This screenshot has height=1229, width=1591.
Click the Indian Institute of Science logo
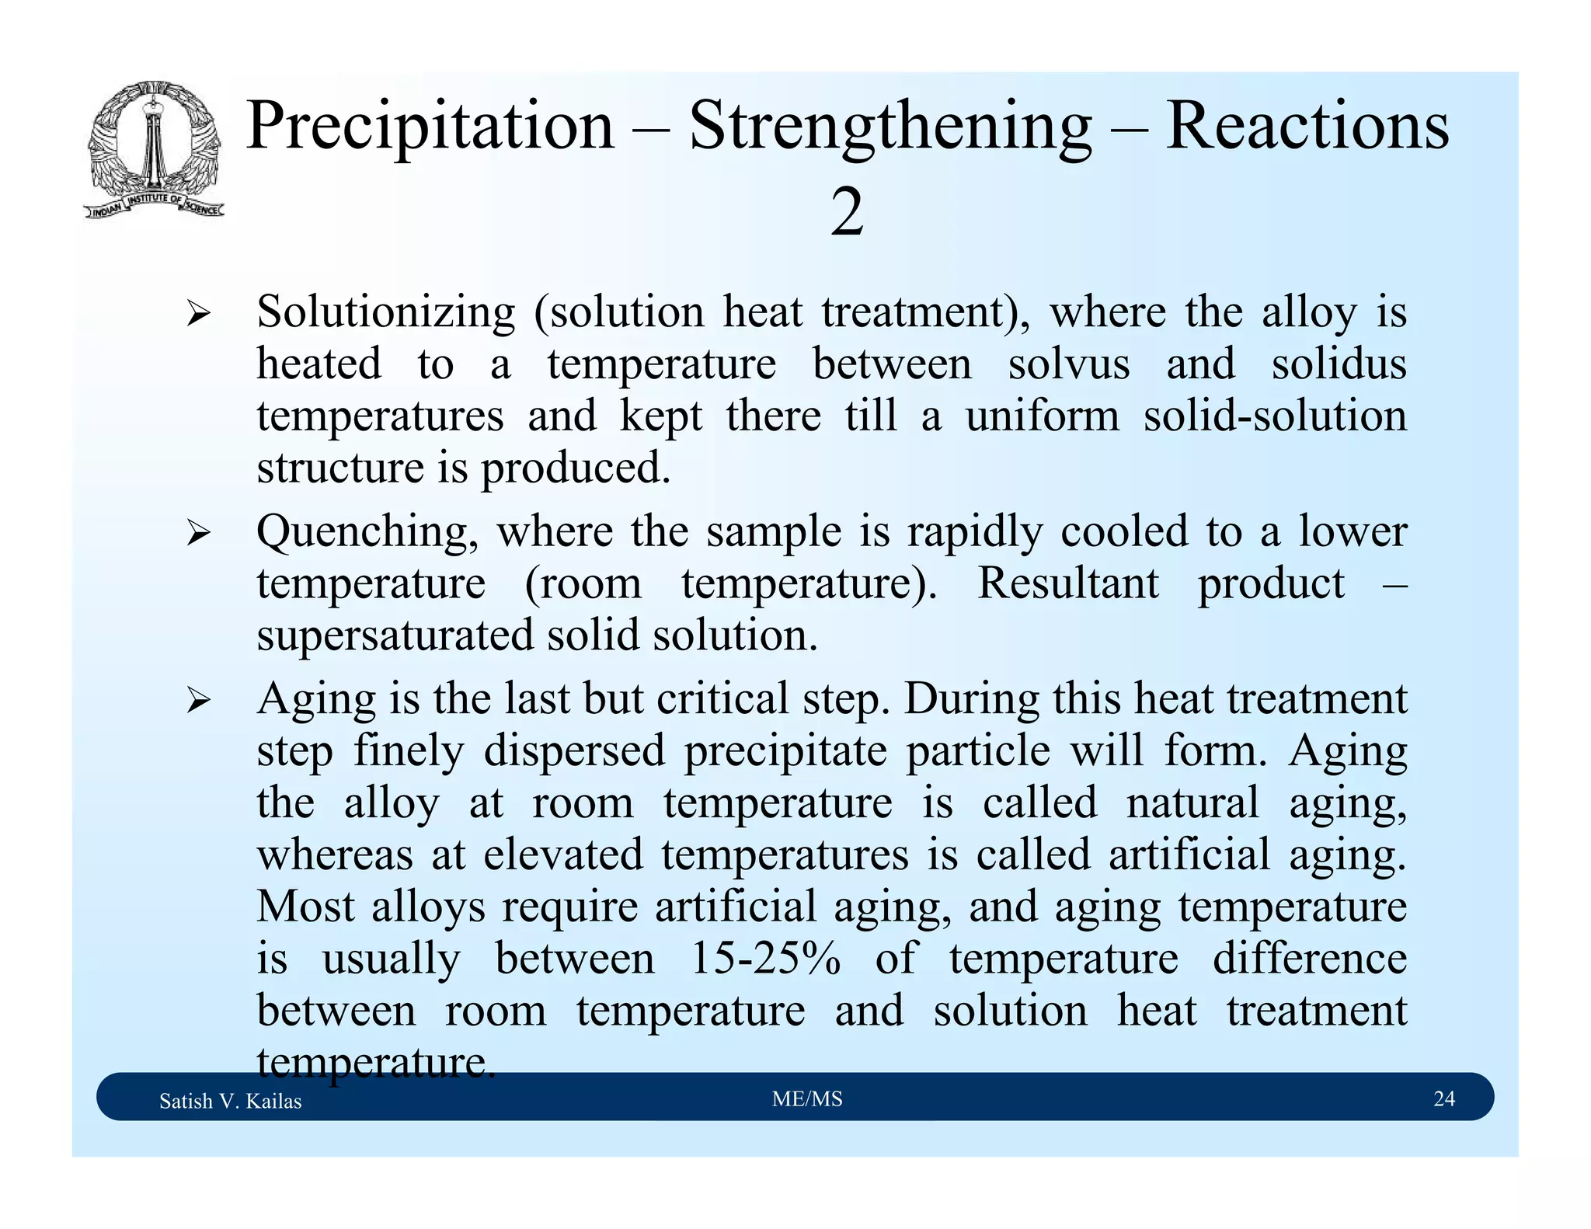click(x=155, y=149)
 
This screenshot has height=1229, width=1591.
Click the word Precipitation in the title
click(x=430, y=126)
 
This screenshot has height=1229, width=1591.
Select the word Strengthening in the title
click(x=890, y=126)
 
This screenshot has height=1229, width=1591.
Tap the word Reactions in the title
click(x=1307, y=126)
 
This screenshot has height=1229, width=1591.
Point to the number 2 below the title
click(x=847, y=213)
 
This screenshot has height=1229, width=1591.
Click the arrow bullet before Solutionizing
click(x=199, y=315)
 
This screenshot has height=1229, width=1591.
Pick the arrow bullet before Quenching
click(x=199, y=534)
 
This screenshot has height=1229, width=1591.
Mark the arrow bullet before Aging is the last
click(x=199, y=702)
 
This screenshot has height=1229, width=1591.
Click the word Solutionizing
click(x=386, y=312)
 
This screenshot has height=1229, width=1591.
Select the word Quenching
click(x=367, y=532)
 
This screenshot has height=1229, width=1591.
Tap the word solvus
click(x=1069, y=364)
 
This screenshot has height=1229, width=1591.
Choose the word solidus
click(x=1339, y=364)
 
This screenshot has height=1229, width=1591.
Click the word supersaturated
click(x=395, y=635)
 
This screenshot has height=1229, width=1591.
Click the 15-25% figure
click(x=765, y=958)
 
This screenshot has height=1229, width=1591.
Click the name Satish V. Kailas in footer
click(x=230, y=1101)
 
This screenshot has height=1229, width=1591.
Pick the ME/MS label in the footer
click(x=807, y=1098)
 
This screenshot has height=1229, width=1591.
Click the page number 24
click(x=1443, y=1098)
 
